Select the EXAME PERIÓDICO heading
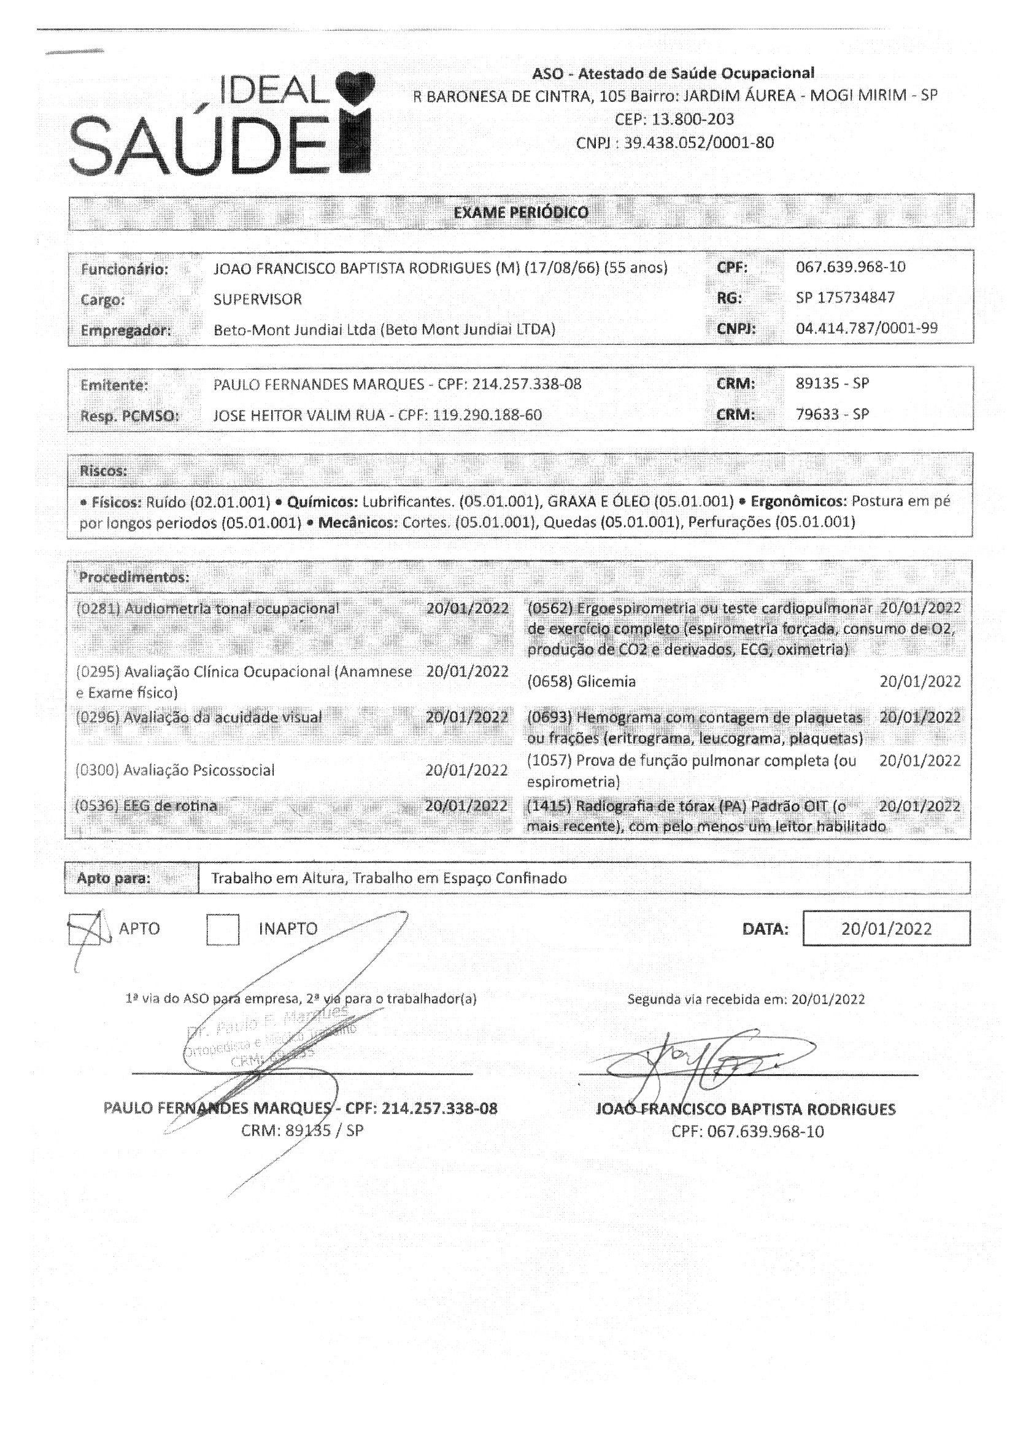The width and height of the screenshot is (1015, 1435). click(520, 212)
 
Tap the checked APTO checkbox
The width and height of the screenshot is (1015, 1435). click(84, 929)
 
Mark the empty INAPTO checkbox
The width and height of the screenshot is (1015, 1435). click(223, 929)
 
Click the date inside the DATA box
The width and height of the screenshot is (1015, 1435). click(886, 929)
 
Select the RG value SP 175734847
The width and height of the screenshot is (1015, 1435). click(845, 298)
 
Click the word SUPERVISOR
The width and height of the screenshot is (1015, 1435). click(258, 300)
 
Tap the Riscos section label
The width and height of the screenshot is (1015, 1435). click(103, 470)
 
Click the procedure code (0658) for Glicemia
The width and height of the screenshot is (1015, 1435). click(550, 681)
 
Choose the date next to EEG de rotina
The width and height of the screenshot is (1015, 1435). click(466, 806)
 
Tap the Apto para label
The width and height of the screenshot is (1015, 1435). click(114, 878)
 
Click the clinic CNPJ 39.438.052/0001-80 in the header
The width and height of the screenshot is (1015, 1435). click(674, 143)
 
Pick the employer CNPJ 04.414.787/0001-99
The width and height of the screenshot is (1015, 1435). click(866, 328)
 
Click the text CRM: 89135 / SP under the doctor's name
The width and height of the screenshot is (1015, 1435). click(302, 1130)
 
